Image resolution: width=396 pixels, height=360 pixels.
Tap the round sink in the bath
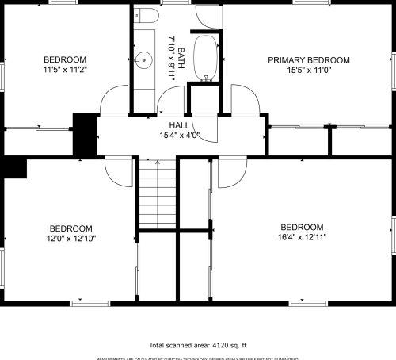(x=145, y=59)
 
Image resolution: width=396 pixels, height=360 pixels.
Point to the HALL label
(x=178, y=125)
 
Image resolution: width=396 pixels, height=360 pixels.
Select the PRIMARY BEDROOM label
(x=308, y=60)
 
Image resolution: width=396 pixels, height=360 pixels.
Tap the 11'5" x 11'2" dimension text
(x=65, y=70)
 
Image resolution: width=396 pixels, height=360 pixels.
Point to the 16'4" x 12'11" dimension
(x=302, y=236)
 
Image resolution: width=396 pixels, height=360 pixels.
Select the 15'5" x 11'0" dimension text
(x=308, y=71)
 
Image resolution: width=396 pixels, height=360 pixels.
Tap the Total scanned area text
(x=198, y=345)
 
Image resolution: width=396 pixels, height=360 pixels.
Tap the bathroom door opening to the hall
(x=169, y=101)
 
